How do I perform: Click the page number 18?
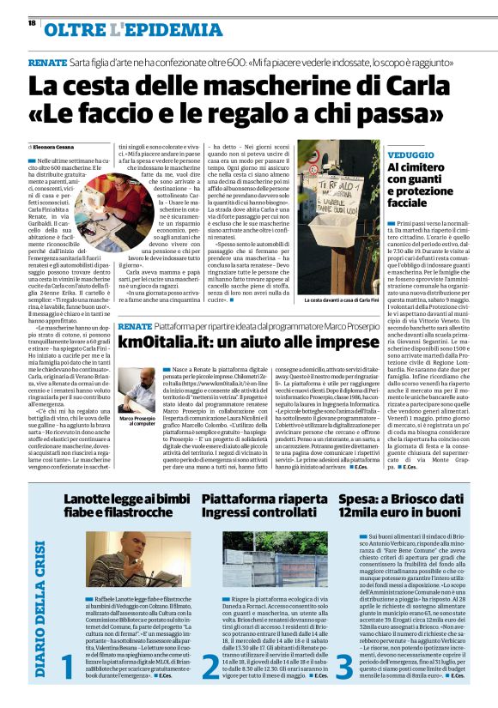tap(32, 23)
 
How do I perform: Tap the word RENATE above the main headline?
tap(47, 64)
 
